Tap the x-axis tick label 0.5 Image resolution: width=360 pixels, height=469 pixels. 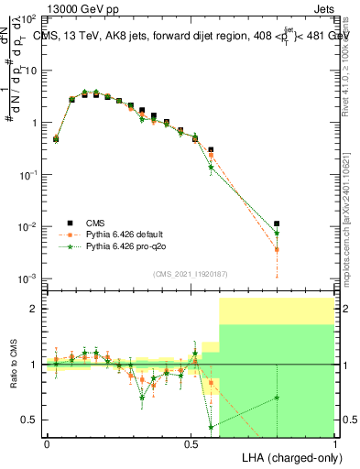[191, 443]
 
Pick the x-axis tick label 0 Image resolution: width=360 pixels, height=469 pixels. [48, 443]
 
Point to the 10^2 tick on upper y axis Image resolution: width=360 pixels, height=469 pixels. [31, 19]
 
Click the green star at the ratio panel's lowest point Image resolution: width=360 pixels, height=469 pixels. [212, 427]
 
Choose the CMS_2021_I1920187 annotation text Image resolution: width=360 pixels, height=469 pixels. [190, 274]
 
